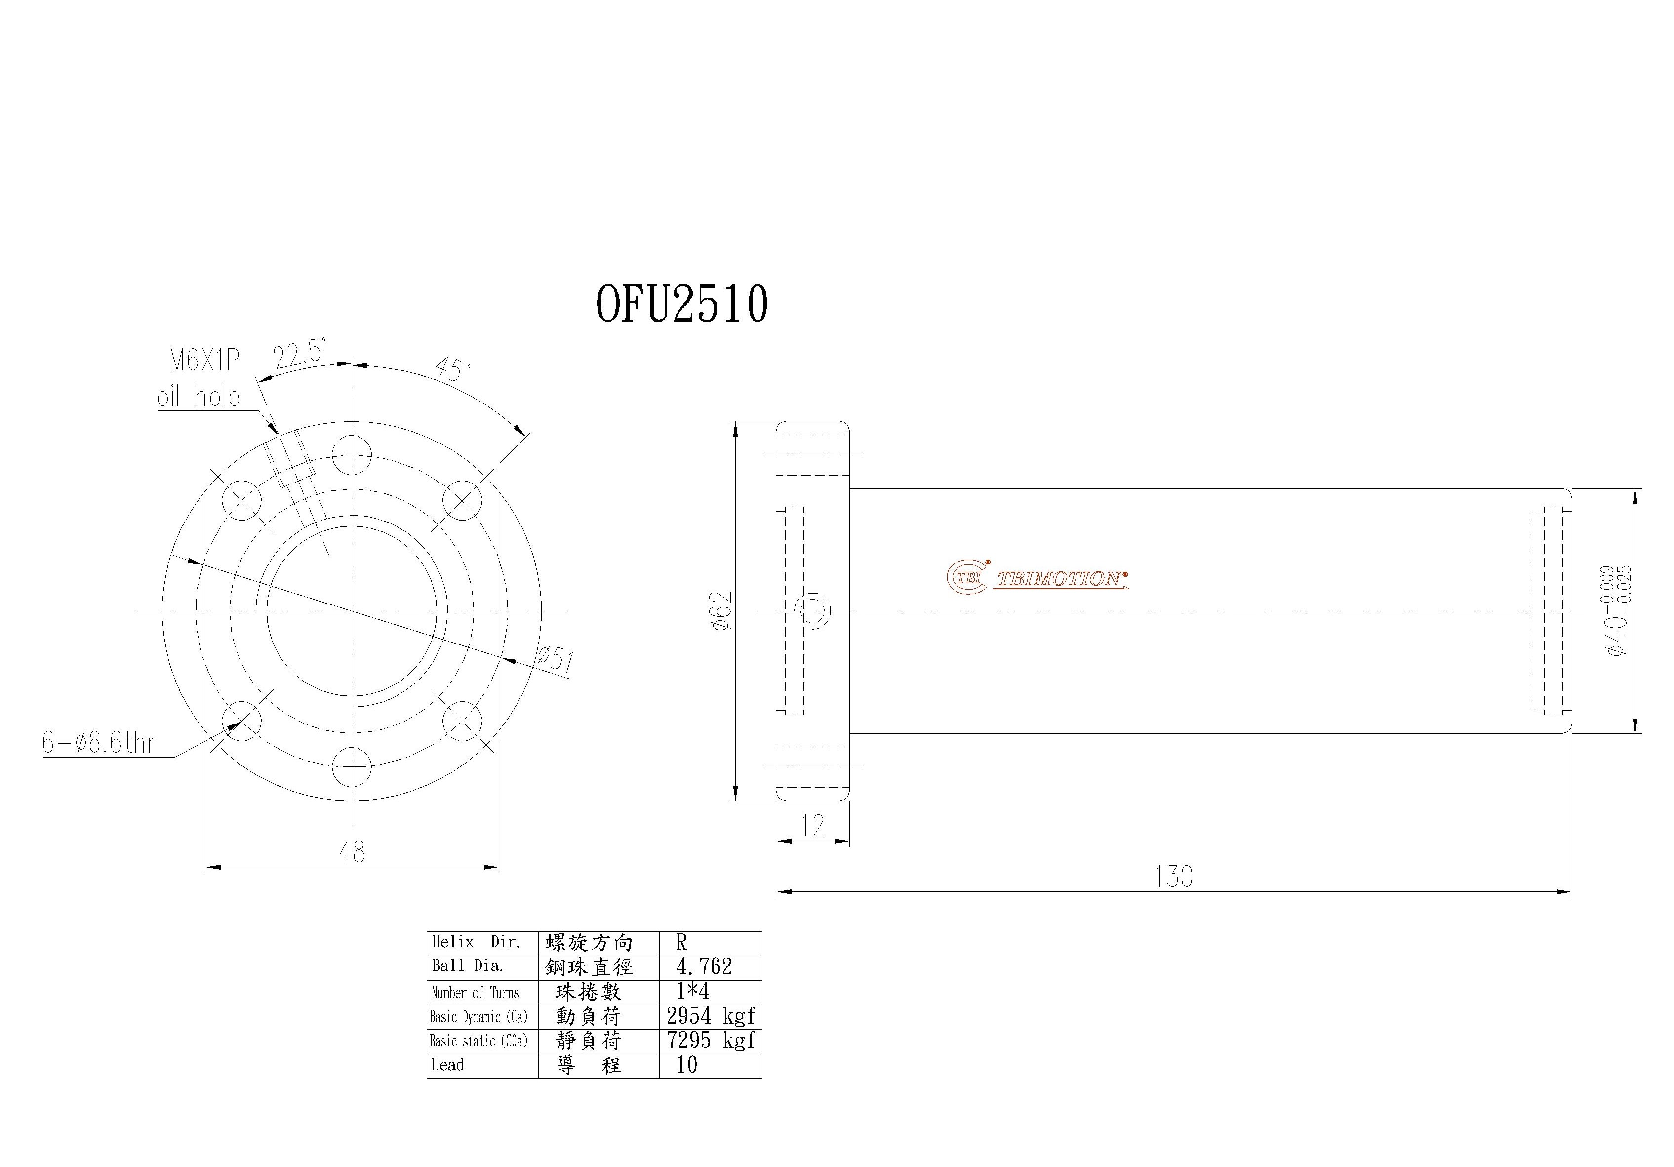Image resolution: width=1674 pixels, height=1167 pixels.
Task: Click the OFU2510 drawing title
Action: [682, 304]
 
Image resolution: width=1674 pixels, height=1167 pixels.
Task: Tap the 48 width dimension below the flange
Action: [352, 852]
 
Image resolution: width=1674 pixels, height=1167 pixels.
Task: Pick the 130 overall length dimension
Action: [1173, 877]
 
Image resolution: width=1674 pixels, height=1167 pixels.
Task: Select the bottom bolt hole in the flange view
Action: [352, 767]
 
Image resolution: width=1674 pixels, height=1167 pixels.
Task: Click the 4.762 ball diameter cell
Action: [704, 967]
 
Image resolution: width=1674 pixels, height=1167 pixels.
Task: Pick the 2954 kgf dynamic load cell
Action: [710, 1016]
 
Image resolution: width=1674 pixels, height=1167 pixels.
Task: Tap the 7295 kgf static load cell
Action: [710, 1040]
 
